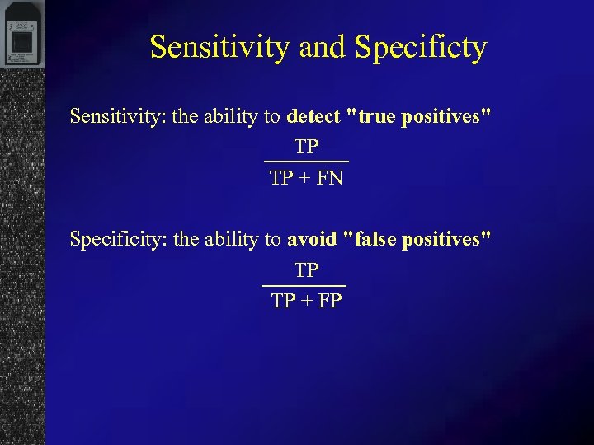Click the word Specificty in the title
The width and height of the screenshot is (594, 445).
(x=421, y=48)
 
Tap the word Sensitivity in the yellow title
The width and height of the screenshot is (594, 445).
(x=219, y=48)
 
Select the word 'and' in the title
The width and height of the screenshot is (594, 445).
(x=323, y=48)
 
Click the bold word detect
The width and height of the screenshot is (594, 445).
(x=313, y=116)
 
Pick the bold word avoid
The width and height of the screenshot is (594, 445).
(x=312, y=239)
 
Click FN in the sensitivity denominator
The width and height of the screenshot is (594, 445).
(x=330, y=178)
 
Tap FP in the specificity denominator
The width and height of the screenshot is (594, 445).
(x=329, y=301)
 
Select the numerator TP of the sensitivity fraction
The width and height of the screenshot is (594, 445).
(x=306, y=148)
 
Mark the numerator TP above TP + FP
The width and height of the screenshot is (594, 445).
(x=306, y=270)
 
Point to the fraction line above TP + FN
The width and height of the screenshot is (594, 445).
(x=306, y=162)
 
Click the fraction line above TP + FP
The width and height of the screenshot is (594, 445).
(x=304, y=285)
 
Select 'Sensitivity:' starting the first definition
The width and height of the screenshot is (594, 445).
(x=118, y=116)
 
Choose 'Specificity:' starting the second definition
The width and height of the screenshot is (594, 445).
(x=118, y=239)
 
